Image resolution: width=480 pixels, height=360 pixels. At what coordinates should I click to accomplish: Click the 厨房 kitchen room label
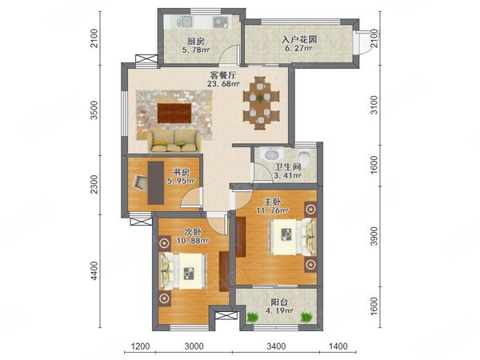pyautogui.click(x=196, y=41)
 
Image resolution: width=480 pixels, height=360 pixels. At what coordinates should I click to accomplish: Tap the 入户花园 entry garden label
pyautogui.click(x=299, y=39)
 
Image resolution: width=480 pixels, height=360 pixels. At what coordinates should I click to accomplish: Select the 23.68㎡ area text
pyautogui.click(x=223, y=83)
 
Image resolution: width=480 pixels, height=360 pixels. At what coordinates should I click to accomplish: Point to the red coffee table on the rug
pyautogui.click(x=174, y=113)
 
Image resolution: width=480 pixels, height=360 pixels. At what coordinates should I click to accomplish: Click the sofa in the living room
pyautogui.click(x=174, y=141)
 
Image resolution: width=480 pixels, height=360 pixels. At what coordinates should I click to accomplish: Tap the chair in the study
pyautogui.click(x=141, y=182)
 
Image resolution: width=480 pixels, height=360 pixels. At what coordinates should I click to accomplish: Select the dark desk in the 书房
pyautogui.click(x=155, y=182)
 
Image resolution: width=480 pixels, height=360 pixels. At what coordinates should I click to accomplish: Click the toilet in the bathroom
pyautogui.click(x=304, y=156)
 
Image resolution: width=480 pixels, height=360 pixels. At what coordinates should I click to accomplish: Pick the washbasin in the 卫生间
pyautogui.click(x=271, y=154)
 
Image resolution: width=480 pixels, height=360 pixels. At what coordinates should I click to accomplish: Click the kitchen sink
pyautogui.click(x=184, y=22)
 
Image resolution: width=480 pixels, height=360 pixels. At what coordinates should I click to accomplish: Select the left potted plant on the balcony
pyautogui.click(x=252, y=317)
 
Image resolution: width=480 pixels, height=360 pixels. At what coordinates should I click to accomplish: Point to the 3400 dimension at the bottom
pyautogui.click(x=276, y=346)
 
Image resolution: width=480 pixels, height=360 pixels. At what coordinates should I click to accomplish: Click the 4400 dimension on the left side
pyautogui.click(x=95, y=270)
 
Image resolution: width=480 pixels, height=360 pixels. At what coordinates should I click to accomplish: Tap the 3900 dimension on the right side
pyautogui.click(x=374, y=236)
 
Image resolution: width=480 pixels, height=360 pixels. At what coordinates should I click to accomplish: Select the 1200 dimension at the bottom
pyautogui.click(x=141, y=346)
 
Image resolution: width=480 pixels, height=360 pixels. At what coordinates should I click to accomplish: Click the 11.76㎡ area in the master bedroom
pyautogui.click(x=273, y=210)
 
